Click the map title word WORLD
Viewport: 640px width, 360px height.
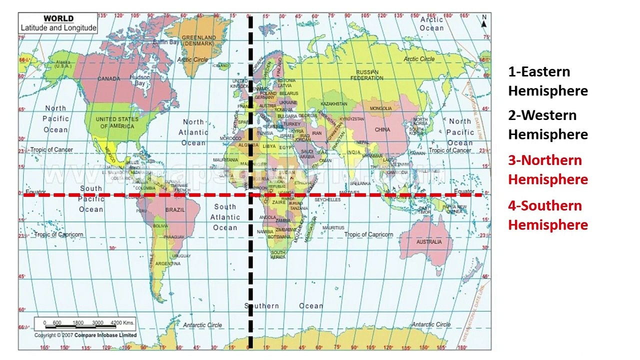point(58,18)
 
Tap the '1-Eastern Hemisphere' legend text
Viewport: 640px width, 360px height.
point(547,81)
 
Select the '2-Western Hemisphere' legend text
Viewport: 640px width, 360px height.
point(547,124)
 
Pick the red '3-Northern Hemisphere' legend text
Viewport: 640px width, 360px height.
point(547,169)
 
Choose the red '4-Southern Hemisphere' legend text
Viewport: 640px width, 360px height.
point(547,215)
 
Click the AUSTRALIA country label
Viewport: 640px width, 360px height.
point(429,242)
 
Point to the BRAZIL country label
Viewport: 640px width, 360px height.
point(174,210)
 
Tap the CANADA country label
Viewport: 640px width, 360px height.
point(108,79)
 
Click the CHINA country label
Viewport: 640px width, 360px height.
point(382,130)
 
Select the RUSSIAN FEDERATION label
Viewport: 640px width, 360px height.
point(367,75)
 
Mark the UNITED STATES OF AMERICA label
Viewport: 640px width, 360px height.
point(117,122)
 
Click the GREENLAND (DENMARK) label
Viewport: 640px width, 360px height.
point(199,40)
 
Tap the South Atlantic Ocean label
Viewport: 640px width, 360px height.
point(225,217)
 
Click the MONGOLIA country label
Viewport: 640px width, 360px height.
point(381,108)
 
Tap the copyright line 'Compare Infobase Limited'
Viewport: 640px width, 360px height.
point(105,335)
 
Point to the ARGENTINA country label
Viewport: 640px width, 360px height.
point(167,263)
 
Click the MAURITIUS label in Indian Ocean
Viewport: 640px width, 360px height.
point(333,228)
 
